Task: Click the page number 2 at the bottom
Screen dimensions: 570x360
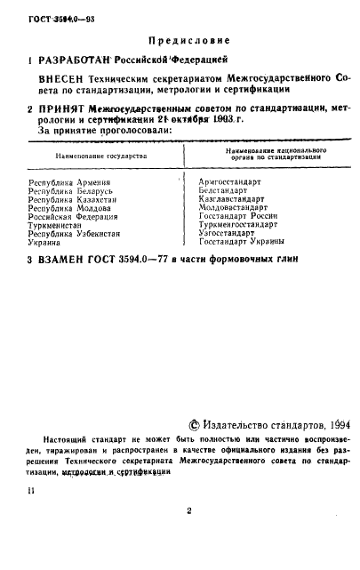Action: (189, 511)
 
